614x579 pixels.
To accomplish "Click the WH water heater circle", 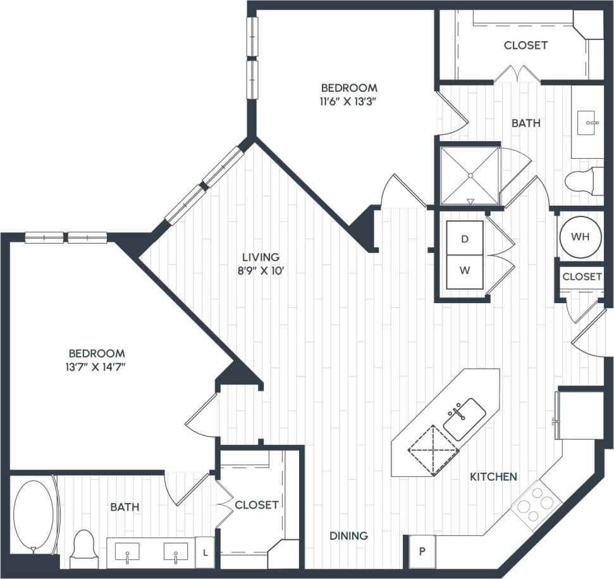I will click(x=580, y=237).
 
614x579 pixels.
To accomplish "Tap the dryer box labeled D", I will click(x=465, y=239).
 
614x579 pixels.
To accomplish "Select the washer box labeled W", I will click(x=465, y=270).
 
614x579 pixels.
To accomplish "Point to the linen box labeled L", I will click(x=205, y=552).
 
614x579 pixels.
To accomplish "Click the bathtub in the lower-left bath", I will click(x=34, y=515).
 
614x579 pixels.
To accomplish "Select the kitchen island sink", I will click(x=464, y=419).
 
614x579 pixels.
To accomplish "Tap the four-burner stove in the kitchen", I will click(x=536, y=504).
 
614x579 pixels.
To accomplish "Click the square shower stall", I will click(x=470, y=175).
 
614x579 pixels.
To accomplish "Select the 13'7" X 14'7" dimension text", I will click(x=97, y=370).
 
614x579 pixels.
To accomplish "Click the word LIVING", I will click(x=261, y=257).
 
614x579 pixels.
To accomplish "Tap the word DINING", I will click(x=348, y=536).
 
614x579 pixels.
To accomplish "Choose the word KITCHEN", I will click(x=493, y=476).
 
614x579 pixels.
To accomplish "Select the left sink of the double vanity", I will click(x=127, y=552).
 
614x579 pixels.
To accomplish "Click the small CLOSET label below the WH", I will click(x=582, y=277).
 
